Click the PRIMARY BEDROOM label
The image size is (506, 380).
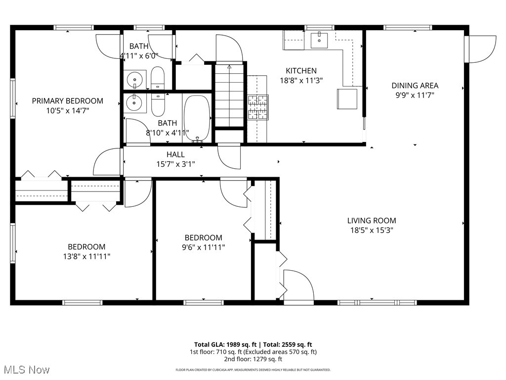point(68,101)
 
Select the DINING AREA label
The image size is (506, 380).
point(415,86)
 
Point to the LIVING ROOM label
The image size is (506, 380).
point(371,221)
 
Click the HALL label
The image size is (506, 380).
point(175,155)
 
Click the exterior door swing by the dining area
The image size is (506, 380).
point(481,49)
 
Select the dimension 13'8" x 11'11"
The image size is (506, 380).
point(86,256)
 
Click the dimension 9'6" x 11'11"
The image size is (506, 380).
point(203,247)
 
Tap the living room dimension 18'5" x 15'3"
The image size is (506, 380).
point(371,230)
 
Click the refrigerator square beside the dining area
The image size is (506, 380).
point(347,98)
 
